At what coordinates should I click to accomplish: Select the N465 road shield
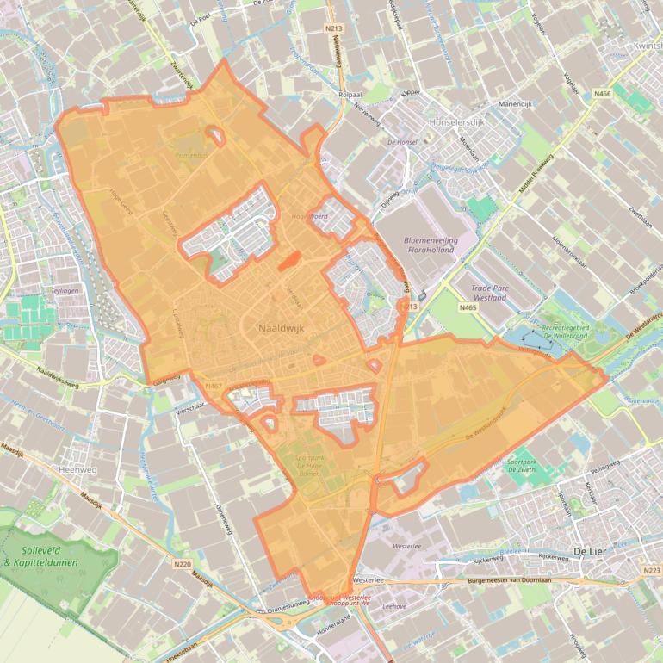coord(468,307)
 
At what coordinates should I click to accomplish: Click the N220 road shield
coord(182,565)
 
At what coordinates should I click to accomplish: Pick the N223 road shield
coord(651,571)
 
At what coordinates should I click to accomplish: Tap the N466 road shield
coord(602,93)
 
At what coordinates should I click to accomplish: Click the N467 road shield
coord(214,387)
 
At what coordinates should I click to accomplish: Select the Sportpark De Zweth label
coord(523,465)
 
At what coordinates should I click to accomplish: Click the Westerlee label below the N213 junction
coord(406,546)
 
